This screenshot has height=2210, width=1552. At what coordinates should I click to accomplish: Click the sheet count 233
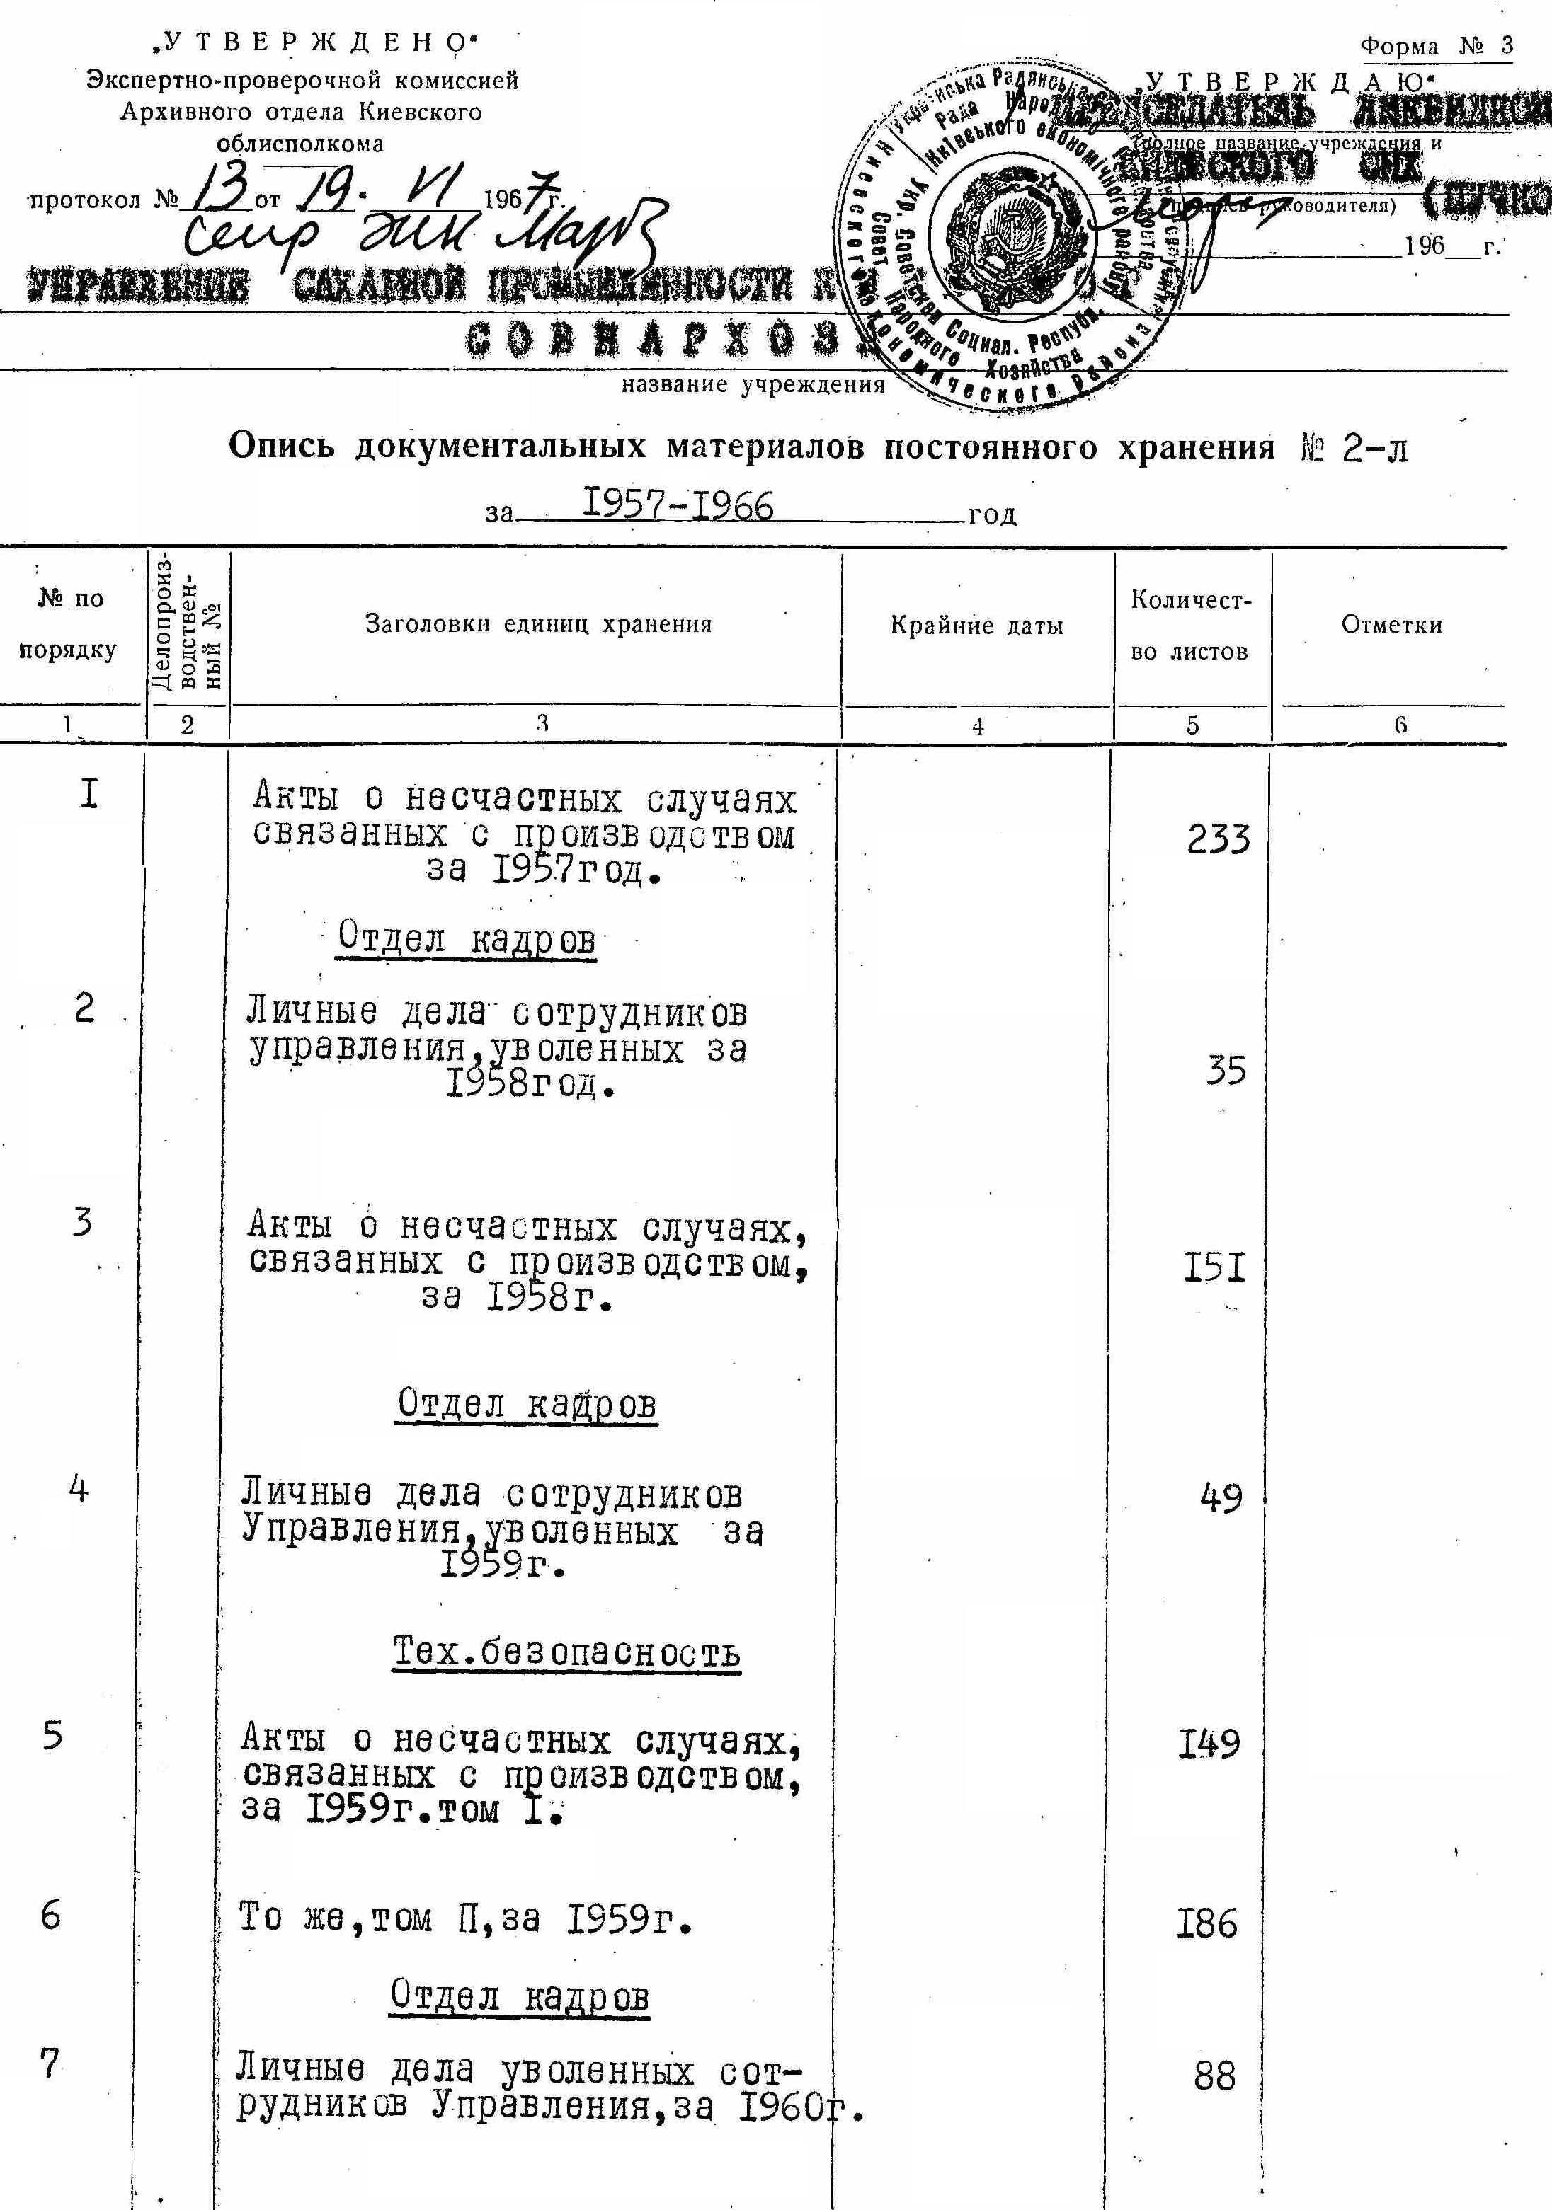pyautogui.click(x=1218, y=839)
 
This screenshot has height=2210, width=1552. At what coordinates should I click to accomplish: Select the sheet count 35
pyautogui.click(x=1226, y=1071)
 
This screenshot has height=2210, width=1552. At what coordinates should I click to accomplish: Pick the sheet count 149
pyautogui.click(x=1209, y=1744)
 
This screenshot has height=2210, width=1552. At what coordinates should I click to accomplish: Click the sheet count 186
pyautogui.click(x=1207, y=1924)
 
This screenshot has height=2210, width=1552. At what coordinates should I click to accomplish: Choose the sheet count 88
pyautogui.click(x=1214, y=2076)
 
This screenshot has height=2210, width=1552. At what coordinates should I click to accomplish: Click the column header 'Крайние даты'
pyautogui.click(x=976, y=626)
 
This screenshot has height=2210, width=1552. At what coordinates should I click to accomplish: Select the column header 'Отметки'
pyautogui.click(x=1391, y=625)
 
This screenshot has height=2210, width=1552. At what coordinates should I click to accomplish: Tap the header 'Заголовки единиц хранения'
pyautogui.click(x=538, y=623)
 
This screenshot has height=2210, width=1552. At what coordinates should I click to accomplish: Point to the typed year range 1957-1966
pyautogui.click(x=679, y=505)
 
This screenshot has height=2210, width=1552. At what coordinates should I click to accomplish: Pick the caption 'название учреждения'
pyautogui.click(x=753, y=386)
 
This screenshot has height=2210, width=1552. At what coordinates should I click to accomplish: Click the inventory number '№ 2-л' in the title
pyautogui.click(x=1353, y=449)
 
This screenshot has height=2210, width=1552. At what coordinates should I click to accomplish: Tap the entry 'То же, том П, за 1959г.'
pyautogui.click(x=466, y=1921)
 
